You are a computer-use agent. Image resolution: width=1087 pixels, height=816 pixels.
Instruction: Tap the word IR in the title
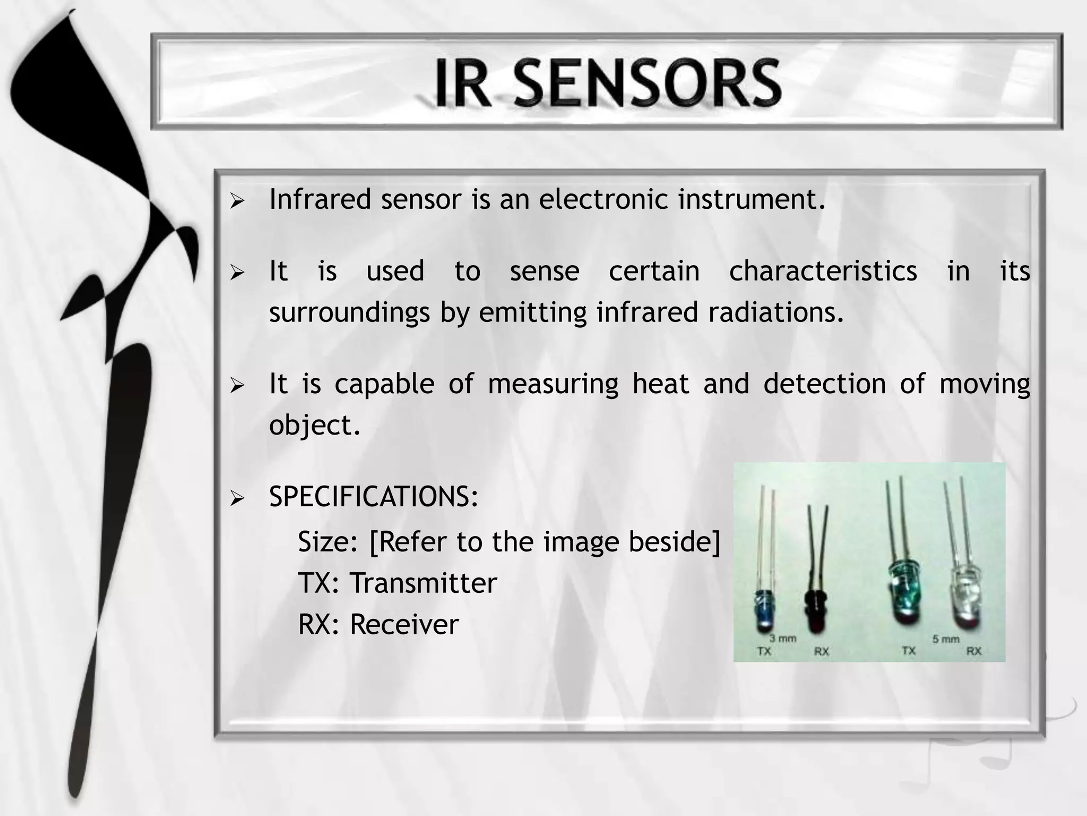pyautogui.click(x=461, y=83)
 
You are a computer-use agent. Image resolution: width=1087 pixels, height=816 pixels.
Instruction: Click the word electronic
pyautogui.click(x=603, y=199)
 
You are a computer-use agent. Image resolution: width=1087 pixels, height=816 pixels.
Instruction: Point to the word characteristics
pyautogui.click(x=823, y=271)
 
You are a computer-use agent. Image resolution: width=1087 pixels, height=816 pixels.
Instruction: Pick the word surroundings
pyautogui.click(x=349, y=312)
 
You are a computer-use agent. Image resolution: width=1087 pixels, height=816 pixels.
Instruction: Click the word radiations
pyautogui.click(x=775, y=312)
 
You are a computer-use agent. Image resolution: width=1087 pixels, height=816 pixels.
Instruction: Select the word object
pyautogui.click(x=314, y=425)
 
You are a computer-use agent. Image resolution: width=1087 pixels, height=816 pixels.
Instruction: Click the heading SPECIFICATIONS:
pyautogui.click(x=374, y=497)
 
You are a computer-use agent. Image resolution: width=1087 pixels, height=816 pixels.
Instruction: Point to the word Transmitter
pyautogui.click(x=423, y=583)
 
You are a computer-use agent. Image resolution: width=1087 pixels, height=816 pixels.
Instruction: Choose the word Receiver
pyautogui.click(x=404, y=624)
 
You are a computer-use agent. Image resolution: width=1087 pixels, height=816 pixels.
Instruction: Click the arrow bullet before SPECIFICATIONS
pyautogui.click(x=237, y=498)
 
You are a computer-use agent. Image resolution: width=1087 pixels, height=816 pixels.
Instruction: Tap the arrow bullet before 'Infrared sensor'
pyautogui.click(x=237, y=201)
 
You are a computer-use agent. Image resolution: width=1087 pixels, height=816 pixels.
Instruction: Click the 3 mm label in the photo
pyautogui.click(x=782, y=638)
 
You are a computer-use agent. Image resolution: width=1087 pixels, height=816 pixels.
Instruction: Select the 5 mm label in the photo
pyautogui.click(x=946, y=639)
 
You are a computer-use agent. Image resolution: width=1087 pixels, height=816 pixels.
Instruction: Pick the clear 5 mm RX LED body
pyautogui.click(x=967, y=594)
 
